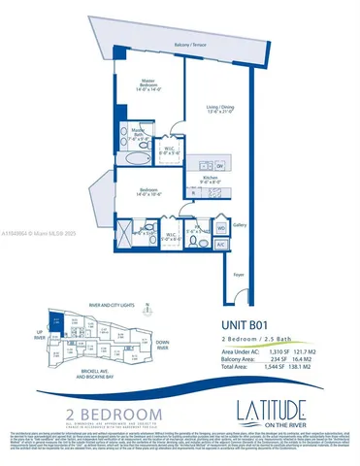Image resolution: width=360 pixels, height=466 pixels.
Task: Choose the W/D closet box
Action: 220,227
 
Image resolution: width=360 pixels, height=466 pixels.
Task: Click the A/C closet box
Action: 221,245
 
